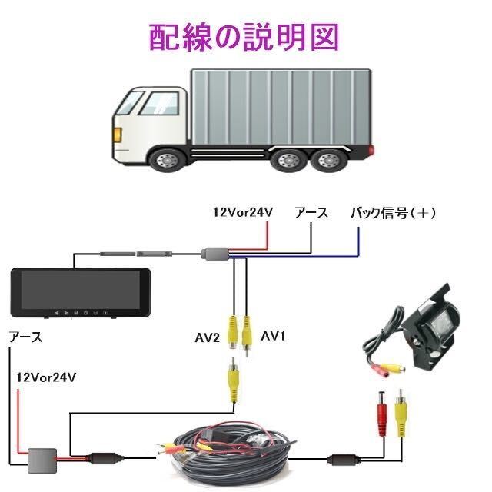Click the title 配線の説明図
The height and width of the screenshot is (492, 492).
click(x=244, y=37)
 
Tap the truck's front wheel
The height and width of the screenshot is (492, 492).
click(x=166, y=161)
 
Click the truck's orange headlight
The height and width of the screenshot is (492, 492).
click(x=118, y=135)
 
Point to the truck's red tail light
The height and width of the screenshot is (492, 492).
click(x=372, y=150)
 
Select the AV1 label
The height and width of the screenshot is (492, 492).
click(x=274, y=337)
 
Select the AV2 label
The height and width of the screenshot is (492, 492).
click(x=208, y=338)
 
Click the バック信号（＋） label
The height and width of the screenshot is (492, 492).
click(x=393, y=213)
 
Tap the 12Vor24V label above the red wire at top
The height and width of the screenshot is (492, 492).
click(x=243, y=212)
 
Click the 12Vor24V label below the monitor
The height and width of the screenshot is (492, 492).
click(x=46, y=377)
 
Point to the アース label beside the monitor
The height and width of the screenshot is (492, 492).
click(x=25, y=337)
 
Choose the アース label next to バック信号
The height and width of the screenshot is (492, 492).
click(x=311, y=213)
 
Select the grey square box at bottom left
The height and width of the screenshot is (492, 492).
click(x=43, y=460)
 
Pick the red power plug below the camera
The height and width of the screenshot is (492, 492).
click(x=381, y=414)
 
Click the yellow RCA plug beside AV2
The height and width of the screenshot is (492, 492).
click(x=232, y=332)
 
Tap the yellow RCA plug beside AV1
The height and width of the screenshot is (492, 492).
click(x=247, y=335)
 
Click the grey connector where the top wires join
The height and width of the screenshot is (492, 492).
click(x=215, y=254)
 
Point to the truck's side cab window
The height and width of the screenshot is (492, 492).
click(x=159, y=104)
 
